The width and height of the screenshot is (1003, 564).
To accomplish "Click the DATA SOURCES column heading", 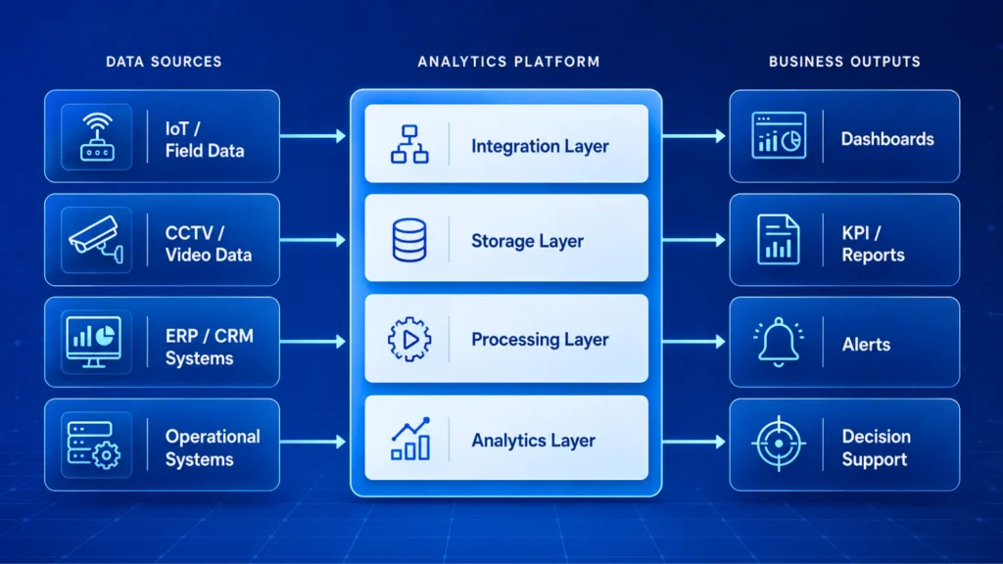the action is click(164, 62).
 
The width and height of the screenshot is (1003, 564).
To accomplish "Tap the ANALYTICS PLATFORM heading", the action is click(508, 62).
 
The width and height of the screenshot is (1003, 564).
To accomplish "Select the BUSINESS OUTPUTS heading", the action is click(844, 62).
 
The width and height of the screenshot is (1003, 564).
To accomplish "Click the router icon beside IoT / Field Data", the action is click(97, 137).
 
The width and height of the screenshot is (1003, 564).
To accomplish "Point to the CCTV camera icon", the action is click(97, 240).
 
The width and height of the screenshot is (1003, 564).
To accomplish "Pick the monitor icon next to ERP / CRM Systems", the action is click(93, 342).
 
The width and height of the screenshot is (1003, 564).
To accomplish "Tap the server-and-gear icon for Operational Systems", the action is click(93, 446).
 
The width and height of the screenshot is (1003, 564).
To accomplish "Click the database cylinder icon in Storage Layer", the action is click(409, 240).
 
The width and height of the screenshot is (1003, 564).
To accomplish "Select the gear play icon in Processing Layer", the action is click(409, 340).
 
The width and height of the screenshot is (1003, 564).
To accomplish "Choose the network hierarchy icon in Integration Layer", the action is click(409, 144).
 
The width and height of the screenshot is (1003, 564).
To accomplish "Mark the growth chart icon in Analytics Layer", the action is click(410, 439).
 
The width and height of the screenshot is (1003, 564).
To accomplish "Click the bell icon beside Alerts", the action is click(779, 342).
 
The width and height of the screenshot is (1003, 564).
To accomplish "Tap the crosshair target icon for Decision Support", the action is click(779, 444).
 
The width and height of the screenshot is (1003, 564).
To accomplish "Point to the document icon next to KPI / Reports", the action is click(778, 240).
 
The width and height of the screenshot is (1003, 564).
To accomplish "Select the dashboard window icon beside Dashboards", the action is click(779, 135).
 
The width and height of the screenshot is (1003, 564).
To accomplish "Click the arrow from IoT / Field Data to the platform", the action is click(312, 135).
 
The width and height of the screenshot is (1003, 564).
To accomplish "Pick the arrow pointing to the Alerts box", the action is click(694, 342).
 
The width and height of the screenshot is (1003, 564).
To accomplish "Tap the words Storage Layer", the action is click(527, 241).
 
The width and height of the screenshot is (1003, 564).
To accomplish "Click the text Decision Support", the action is click(876, 447).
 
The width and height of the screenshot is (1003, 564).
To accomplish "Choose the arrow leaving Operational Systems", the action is click(312, 442).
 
